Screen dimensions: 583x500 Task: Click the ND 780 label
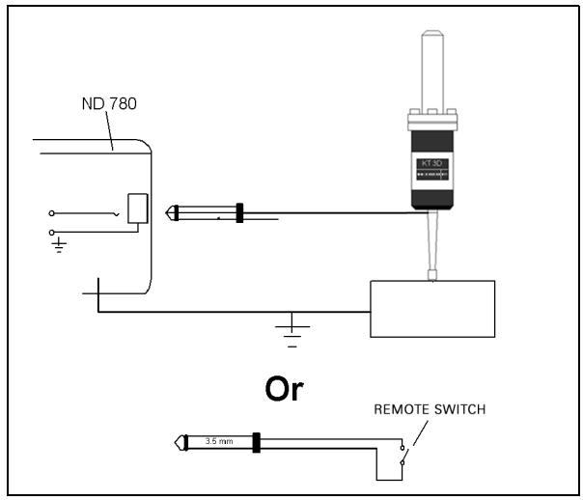pyautogui.click(x=109, y=103)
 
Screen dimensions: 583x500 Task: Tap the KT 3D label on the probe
pyautogui.click(x=431, y=163)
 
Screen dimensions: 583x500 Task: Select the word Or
pyautogui.click(x=284, y=389)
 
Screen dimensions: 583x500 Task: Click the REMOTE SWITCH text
pyautogui.click(x=430, y=409)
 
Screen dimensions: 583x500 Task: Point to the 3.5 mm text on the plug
pyautogui.click(x=219, y=441)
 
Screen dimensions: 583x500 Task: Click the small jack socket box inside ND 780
pyautogui.click(x=138, y=208)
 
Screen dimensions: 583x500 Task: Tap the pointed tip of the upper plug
pyautogui.click(x=166, y=213)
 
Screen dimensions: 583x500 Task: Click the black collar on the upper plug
pyautogui.click(x=239, y=213)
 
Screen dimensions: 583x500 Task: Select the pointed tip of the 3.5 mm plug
pyautogui.click(x=176, y=443)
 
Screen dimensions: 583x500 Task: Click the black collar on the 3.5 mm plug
pyautogui.click(x=256, y=443)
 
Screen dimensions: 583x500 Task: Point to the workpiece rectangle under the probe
pyautogui.click(x=432, y=309)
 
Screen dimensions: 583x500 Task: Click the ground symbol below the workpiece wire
pyautogui.click(x=292, y=330)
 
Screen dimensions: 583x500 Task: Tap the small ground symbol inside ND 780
pyautogui.click(x=59, y=245)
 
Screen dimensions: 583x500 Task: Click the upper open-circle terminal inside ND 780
pyautogui.click(x=52, y=213)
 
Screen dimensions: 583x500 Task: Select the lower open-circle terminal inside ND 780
pyautogui.click(x=52, y=233)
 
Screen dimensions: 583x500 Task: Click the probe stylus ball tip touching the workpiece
pyautogui.click(x=432, y=275)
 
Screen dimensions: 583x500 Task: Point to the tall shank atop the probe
pyautogui.click(x=432, y=70)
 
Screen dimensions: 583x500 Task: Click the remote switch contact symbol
pyautogui.click(x=403, y=455)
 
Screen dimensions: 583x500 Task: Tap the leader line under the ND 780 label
pyautogui.click(x=109, y=130)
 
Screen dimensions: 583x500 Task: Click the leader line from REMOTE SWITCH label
pyautogui.click(x=420, y=433)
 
